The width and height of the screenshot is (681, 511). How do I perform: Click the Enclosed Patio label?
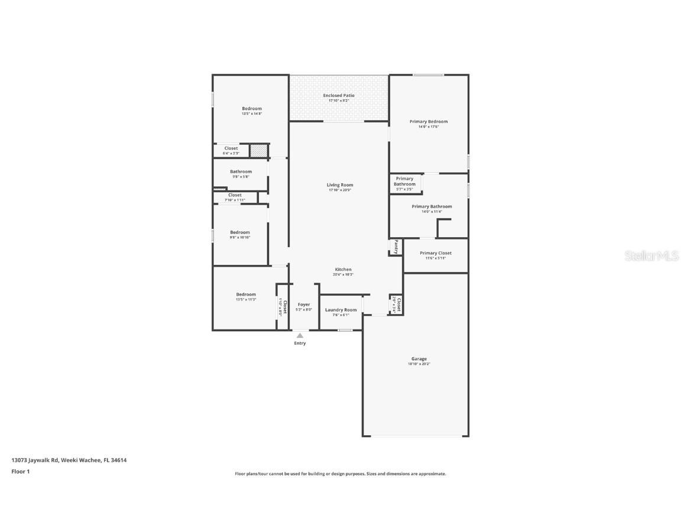[339, 96]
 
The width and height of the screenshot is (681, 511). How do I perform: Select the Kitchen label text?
[343, 270]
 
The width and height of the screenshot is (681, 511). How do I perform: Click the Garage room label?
[419, 359]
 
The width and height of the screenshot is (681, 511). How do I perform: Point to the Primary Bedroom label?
[429, 122]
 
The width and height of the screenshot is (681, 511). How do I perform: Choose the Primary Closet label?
[436, 253]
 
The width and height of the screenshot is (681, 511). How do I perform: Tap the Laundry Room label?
[341, 310]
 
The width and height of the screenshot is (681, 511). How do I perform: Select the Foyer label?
[303, 305]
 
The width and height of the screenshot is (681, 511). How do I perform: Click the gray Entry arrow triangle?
[300, 335]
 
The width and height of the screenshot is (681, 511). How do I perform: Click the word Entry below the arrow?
[300, 343]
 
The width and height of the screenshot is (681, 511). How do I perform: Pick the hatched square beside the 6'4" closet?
[258, 151]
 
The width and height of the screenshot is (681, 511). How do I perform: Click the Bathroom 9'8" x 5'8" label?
[241, 172]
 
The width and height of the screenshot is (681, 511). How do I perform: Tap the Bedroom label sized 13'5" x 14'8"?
[251, 109]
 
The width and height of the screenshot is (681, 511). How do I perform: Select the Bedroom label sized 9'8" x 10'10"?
[240, 232]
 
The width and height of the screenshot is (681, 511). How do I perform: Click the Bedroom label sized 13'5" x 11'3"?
[246, 295]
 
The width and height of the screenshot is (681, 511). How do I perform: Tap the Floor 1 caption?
[21, 471]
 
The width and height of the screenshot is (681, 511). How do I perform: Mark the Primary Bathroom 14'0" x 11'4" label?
[432, 207]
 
